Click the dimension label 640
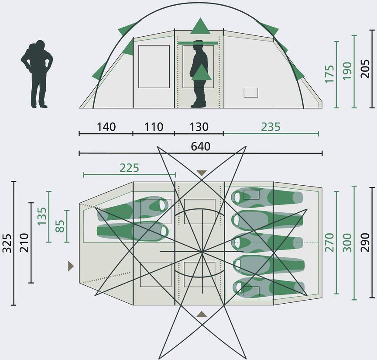(x=201, y=146)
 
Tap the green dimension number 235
(x=271, y=127)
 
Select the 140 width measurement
(x=106, y=127)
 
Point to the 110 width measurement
(x=154, y=127)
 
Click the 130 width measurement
(x=199, y=127)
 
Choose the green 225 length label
(x=129, y=168)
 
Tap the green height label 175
(x=329, y=74)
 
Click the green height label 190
(x=347, y=71)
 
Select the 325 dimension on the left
(x=7, y=243)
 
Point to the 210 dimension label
(x=24, y=242)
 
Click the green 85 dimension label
(x=60, y=226)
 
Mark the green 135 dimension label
(x=42, y=216)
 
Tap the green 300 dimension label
(x=347, y=242)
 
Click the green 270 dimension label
(x=329, y=242)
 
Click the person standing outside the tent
(x=37, y=74)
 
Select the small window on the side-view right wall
(x=251, y=93)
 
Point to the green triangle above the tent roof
(x=200, y=26)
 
